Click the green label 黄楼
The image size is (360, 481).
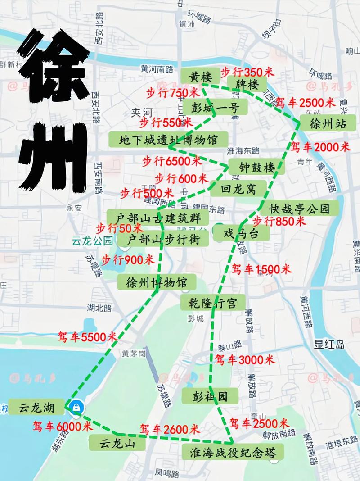[201, 77]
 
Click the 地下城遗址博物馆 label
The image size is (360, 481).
[168, 140]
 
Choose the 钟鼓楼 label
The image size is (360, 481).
[256, 168]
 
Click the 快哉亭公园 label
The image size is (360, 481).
[299, 209]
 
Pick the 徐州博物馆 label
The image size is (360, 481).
[157, 283]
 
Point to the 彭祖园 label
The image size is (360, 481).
[204, 396]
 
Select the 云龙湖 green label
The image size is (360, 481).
[36, 408]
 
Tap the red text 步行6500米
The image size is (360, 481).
[172, 160]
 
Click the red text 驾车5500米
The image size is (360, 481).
[87, 336]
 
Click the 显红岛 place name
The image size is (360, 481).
[329, 345]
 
